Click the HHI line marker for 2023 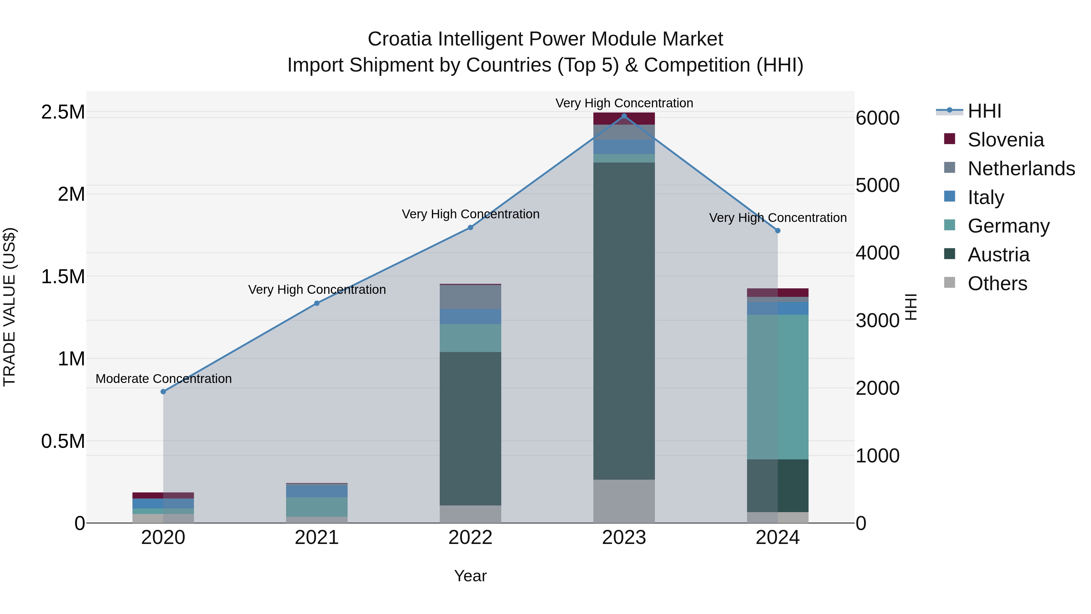pyautogui.click(x=624, y=116)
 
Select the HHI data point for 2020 pyautogui.click(x=163, y=391)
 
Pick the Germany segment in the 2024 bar pyautogui.click(x=778, y=387)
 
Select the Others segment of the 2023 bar pyautogui.click(x=624, y=501)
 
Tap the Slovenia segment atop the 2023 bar pyautogui.click(x=624, y=119)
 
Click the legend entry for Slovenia pyautogui.click(x=1006, y=140)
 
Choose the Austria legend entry pyautogui.click(x=998, y=255)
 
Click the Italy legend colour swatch pyautogui.click(x=949, y=196)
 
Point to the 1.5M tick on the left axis pyautogui.click(x=63, y=277)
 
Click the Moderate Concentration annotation pyautogui.click(x=163, y=378)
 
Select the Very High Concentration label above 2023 pyautogui.click(x=624, y=103)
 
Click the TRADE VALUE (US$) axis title pyautogui.click(x=9, y=307)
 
